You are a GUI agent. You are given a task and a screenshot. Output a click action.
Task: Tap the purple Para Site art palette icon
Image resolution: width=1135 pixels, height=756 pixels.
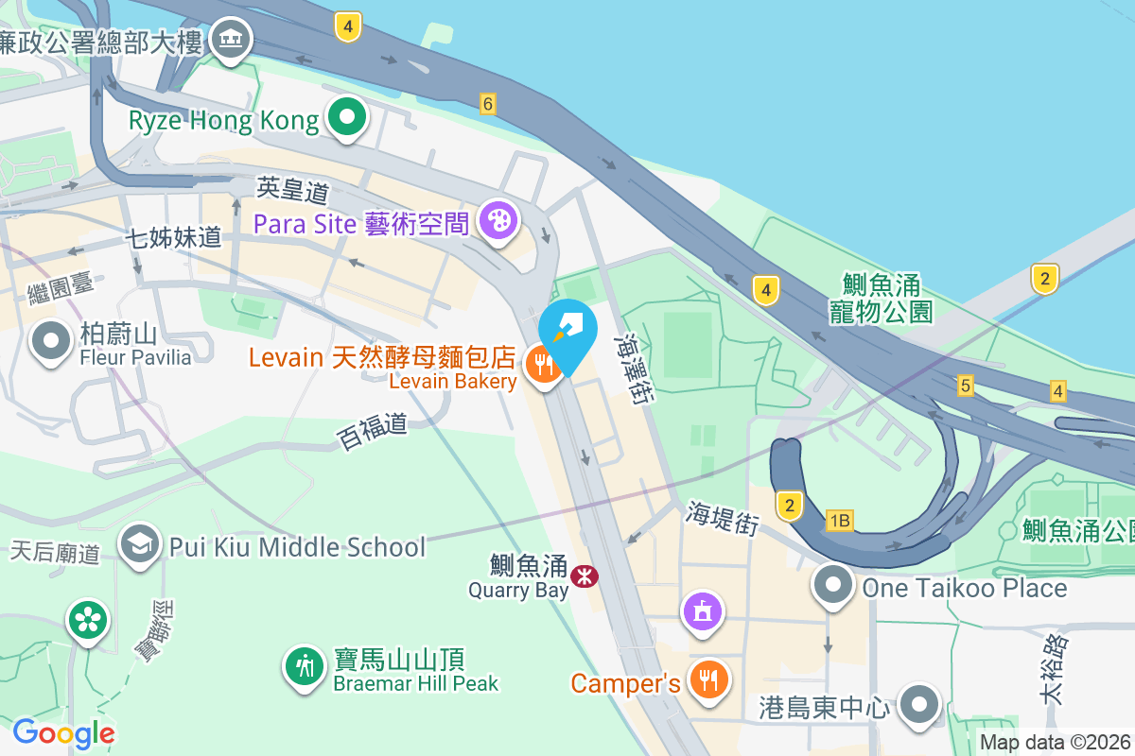[x=498, y=222]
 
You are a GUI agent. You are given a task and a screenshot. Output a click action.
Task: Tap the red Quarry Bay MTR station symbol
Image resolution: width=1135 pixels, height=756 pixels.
[x=585, y=576]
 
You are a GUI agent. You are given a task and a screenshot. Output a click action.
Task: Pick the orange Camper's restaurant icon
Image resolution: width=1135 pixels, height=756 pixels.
[x=707, y=679]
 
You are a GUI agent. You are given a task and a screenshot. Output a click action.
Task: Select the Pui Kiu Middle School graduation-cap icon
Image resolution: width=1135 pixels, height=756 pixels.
[x=141, y=544]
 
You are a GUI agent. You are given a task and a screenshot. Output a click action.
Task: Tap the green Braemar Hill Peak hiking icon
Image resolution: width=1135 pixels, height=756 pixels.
[x=304, y=667]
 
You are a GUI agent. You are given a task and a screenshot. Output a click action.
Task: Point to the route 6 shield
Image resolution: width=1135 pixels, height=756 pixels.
[x=488, y=104]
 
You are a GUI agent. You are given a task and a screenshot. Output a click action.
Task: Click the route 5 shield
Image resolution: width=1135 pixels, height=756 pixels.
[x=965, y=385]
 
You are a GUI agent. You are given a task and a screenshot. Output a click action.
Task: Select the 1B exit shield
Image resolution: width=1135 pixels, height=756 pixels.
[x=839, y=521]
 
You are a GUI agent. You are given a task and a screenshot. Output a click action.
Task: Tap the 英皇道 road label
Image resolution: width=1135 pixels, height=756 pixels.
[x=292, y=190]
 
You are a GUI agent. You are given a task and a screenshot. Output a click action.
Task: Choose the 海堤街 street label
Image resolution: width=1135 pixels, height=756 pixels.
[x=723, y=518]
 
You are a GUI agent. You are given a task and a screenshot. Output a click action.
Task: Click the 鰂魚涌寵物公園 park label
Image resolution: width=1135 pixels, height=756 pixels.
[x=882, y=298]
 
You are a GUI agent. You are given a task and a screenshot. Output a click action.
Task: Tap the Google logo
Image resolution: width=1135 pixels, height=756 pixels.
[x=62, y=732]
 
